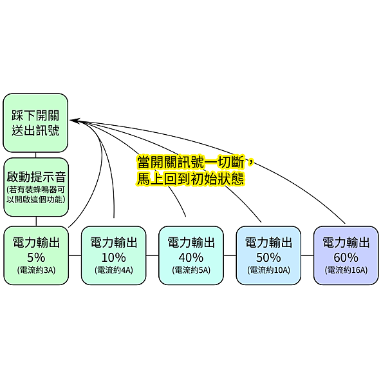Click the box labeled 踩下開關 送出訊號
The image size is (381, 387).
[35, 123]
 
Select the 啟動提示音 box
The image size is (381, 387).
[36, 187]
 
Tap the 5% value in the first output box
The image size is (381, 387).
[36, 257]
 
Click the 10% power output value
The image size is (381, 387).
[113, 257]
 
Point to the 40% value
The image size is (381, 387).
[191, 257]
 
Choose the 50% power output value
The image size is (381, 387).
[268, 257]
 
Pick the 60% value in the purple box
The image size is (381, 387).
[346, 257]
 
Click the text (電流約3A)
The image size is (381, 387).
[36, 270]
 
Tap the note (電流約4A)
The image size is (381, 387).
[114, 270]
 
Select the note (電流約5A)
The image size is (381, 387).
[191, 270]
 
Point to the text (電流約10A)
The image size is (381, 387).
[268, 270]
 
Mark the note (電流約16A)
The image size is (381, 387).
[346, 270]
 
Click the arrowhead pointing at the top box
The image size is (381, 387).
[75, 121]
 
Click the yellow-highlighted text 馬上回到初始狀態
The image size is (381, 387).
[190, 178]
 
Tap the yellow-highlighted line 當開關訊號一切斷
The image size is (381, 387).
[191, 162]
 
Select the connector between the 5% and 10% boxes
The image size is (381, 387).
[75, 255]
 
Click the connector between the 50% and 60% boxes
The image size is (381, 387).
[308, 255]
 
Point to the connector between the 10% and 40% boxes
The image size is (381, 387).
[153, 255]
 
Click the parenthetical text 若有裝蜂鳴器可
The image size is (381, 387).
[37, 190]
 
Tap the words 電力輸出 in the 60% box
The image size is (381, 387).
[346, 243]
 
